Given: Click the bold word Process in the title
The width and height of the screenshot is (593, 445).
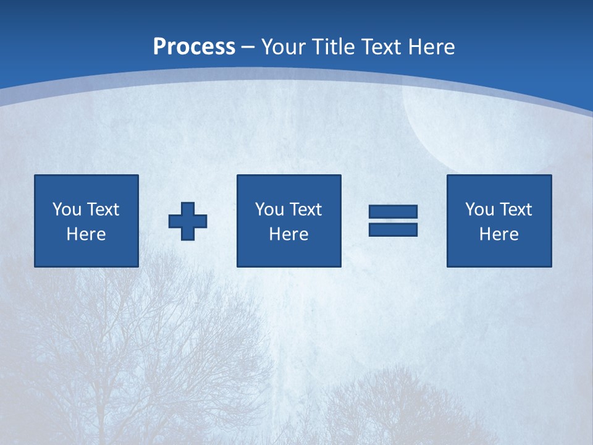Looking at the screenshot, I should (194, 47).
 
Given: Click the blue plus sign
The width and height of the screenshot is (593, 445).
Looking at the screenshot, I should (188, 221).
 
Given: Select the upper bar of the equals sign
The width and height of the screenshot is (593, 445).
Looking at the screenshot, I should (393, 212).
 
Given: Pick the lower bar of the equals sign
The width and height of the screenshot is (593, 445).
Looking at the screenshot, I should (393, 230).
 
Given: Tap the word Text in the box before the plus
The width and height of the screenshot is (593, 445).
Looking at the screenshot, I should (102, 210).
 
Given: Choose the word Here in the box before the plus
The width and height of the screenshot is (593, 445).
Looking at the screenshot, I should (86, 234).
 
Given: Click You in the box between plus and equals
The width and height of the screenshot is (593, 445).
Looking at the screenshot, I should (269, 210).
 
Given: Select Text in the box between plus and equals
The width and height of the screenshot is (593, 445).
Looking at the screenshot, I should (305, 210).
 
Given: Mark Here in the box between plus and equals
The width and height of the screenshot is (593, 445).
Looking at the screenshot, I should (288, 234).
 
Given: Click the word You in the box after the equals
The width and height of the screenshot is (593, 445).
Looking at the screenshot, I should (479, 210).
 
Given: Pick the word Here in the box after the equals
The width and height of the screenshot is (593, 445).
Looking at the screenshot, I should (498, 234).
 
